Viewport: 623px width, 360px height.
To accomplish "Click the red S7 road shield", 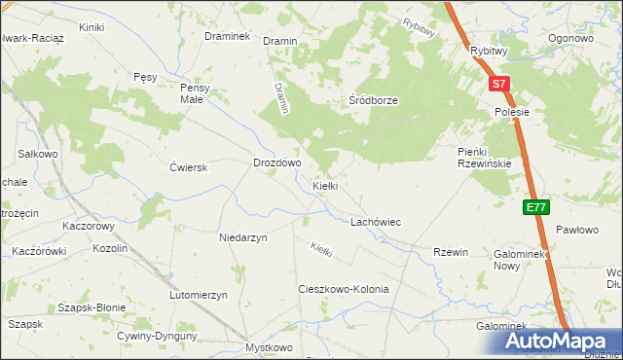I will coord(498,85).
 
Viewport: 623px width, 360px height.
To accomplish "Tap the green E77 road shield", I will coord(535,207).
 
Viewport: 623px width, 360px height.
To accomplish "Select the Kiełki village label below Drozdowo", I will coord(324,185).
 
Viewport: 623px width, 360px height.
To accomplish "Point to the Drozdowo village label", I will coord(276,163).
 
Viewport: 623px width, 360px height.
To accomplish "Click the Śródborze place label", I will coord(374,100).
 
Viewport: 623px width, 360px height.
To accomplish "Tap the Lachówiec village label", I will coord(376,222).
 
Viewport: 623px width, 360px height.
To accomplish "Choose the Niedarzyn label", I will coord(243,236).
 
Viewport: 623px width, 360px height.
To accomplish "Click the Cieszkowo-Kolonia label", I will coord(343,290).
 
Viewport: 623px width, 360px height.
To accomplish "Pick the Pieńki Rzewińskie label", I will coord(485,157).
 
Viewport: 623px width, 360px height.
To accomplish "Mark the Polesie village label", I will coord(510,112).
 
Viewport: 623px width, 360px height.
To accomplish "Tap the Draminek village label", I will coord(228,36).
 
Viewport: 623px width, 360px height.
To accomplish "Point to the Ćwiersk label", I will coord(189,167).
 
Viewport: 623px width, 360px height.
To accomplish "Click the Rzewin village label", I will coord(451,252).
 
